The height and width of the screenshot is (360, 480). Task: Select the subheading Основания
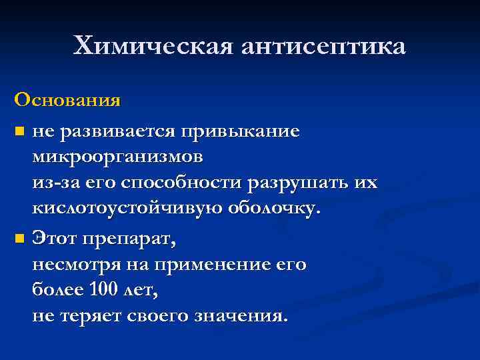click(67, 101)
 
